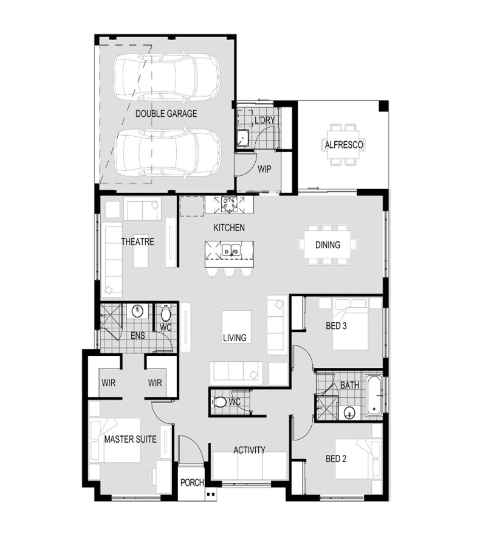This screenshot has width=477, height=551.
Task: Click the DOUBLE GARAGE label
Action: [x=166, y=114]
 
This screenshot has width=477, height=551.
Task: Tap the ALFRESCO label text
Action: [x=344, y=145]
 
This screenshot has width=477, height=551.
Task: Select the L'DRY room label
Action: [x=265, y=120]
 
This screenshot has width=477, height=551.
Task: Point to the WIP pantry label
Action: [x=264, y=169]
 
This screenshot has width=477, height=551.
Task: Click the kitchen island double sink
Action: [x=231, y=250]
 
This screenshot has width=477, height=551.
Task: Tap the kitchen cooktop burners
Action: [x=229, y=204]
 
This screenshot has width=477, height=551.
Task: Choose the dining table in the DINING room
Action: [x=328, y=245]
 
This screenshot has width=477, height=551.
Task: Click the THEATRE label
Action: [x=137, y=242]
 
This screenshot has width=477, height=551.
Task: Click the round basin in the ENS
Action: [x=137, y=311]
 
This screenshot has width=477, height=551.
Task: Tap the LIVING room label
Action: [x=235, y=338]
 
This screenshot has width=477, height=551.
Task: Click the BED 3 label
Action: [x=336, y=326]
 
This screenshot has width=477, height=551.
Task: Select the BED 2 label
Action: [x=336, y=459]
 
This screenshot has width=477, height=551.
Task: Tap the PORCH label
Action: [x=192, y=482]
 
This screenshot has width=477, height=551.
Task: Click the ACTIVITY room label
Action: [x=250, y=450]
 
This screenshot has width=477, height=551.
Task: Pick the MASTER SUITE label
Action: [x=131, y=439]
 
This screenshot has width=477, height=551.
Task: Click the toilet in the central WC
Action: [x=219, y=401]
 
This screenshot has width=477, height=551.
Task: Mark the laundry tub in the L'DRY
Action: [x=242, y=137]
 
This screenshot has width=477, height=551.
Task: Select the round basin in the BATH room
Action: [x=349, y=412]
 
